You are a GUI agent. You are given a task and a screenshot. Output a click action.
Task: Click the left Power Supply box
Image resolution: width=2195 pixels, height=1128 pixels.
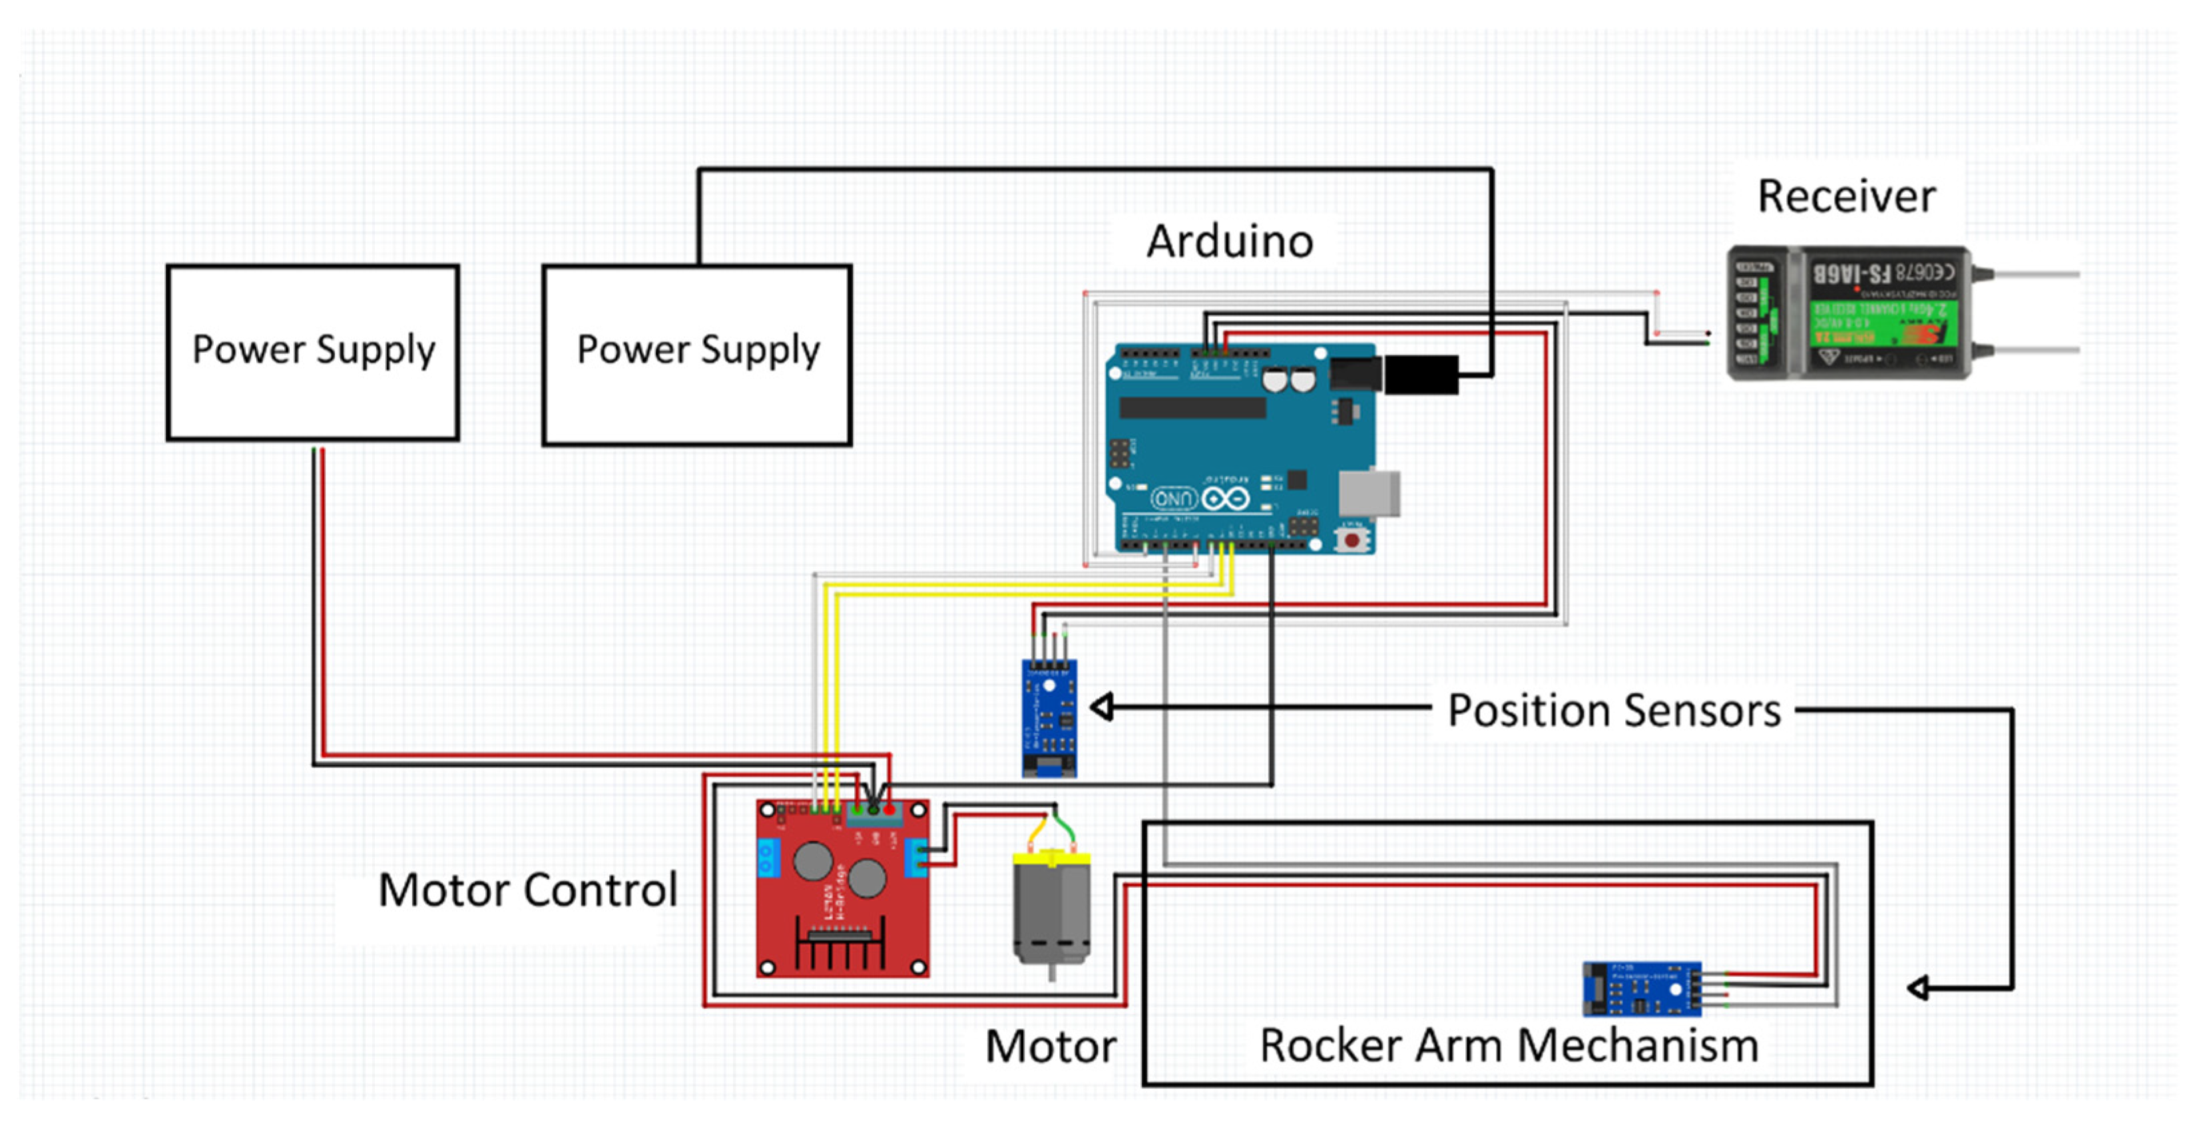(x=313, y=352)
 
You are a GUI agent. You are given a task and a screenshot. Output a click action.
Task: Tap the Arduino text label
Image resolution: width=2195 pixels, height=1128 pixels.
(x=1229, y=242)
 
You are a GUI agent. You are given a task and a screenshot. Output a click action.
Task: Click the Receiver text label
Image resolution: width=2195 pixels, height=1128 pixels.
(x=1845, y=197)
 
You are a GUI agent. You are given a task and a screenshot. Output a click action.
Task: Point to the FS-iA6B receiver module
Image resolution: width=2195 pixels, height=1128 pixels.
(x=1849, y=313)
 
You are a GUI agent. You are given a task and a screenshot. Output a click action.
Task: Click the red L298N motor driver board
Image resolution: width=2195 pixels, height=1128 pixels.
(x=842, y=888)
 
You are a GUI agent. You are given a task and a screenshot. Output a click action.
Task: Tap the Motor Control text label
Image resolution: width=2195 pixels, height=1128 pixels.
(x=527, y=890)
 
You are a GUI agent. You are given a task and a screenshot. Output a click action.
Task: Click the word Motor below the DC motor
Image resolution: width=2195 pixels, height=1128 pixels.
(x=1051, y=1046)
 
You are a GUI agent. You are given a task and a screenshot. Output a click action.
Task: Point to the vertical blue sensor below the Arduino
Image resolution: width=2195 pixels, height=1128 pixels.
(x=1049, y=717)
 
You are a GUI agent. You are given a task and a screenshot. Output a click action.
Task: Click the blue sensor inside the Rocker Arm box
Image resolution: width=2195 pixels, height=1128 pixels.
(x=1641, y=988)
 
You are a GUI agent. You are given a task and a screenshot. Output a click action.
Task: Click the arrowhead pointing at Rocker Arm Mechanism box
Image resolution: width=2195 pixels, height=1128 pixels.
(x=1918, y=988)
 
